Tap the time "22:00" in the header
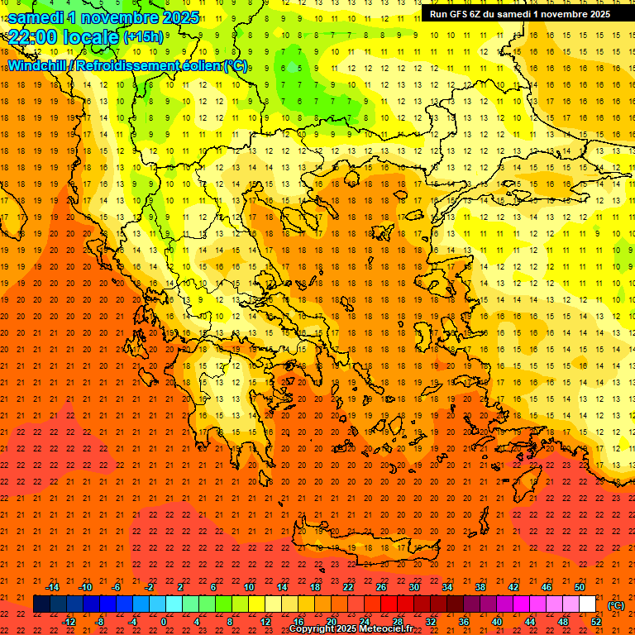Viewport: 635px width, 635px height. coord(34,36)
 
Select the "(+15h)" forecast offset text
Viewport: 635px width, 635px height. coord(142,36)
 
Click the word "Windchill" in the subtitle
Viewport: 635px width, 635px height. coord(39,65)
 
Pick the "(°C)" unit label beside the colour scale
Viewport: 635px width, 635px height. coord(615,605)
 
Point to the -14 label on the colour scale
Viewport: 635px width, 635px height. coord(52,587)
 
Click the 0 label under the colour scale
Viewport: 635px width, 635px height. coord(164,622)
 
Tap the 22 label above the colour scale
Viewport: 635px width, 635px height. coord(348,587)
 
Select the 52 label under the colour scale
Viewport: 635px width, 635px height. coord(596,622)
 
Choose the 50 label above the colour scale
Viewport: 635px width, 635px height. coord(580,587)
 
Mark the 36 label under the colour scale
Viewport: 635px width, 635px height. coord(464,622)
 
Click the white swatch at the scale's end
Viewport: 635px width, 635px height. coord(588,604)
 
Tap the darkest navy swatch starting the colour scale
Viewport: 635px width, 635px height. coord(41,604)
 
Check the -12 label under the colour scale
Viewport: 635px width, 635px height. coord(69,622)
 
